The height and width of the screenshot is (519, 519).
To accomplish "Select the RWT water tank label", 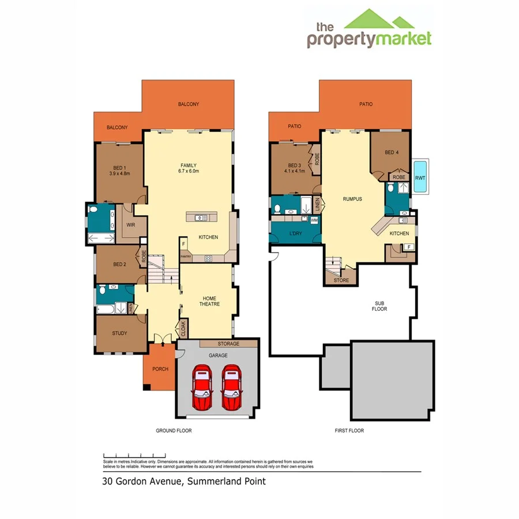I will point(420,178).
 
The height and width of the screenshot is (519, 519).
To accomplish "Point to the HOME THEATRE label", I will point(209,301).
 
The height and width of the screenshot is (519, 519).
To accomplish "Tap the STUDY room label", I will point(119,333).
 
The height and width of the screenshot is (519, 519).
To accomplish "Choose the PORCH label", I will point(160,369).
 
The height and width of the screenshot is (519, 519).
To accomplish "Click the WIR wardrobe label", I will point(130,225).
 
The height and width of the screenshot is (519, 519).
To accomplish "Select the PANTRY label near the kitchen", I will point(185,256).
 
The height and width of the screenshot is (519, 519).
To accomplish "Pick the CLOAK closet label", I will point(184,329).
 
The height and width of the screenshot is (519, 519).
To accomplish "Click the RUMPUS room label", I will point(352,199).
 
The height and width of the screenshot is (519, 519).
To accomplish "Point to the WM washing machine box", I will point(314,220).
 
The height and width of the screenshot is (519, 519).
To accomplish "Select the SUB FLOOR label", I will point(379,306).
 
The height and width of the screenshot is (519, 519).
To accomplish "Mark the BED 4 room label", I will point(392,152).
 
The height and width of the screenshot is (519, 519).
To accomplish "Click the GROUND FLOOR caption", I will point(174,431).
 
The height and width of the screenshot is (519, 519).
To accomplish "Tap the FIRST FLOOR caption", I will point(349,431).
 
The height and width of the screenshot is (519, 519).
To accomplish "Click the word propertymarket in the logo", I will point(369,39).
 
